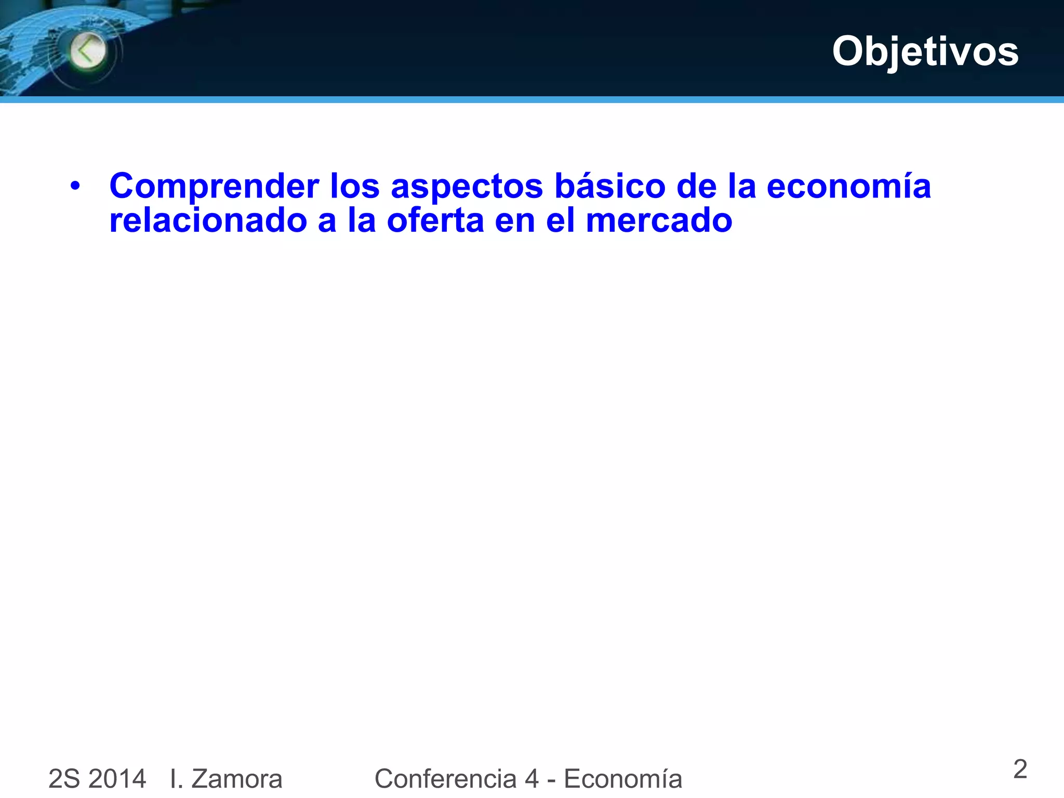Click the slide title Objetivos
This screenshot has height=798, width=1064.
coord(925,51)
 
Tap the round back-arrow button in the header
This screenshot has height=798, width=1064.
coord(88,51)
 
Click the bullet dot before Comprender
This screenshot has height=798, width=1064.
coord(75,186)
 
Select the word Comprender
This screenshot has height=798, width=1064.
coord(214,187)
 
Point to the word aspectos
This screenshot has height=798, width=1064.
coord(467,187)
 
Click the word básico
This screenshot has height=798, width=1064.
coord(610,186)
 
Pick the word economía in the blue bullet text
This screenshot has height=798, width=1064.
coord(848,186)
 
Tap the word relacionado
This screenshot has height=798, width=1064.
coord(208,220)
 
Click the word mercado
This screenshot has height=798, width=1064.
coord(659,220)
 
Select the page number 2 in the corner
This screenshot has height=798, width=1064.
coord(1020,769)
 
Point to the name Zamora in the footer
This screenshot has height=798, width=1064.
coord(236,779)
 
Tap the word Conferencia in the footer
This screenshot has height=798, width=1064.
coord(445,779)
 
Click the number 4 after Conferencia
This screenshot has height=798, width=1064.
coord(531,779)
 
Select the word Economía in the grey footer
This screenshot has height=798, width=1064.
coord(623,779)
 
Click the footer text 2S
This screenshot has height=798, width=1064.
coord(64,779)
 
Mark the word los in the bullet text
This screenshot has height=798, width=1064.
coord(355,186)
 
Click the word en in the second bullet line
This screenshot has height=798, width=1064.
coord(515,220)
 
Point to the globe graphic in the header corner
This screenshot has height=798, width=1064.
coord(36,52)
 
